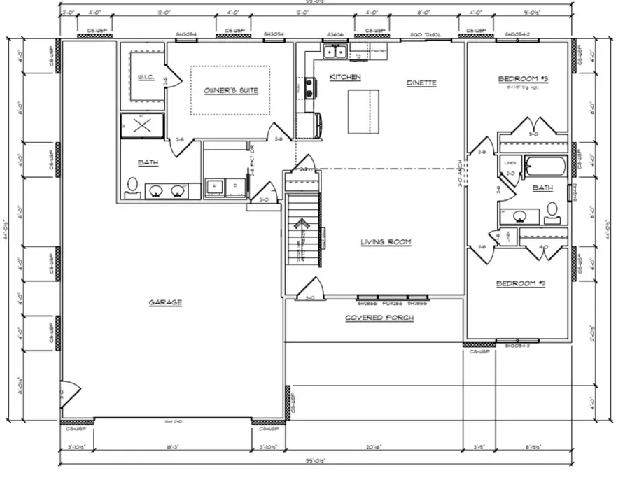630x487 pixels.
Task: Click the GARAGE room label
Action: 165,302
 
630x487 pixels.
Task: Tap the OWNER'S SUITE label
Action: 231,90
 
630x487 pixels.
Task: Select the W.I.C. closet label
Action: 146,77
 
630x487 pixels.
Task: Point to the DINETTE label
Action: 421,83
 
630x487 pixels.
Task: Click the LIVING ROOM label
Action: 386,242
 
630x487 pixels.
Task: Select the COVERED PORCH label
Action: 379,318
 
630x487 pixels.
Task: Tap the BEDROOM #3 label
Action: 523,78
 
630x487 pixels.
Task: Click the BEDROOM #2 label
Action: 520,283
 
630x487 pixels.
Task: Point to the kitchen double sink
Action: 335,51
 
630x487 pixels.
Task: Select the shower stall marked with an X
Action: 142,126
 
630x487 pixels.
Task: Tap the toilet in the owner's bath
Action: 132,185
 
